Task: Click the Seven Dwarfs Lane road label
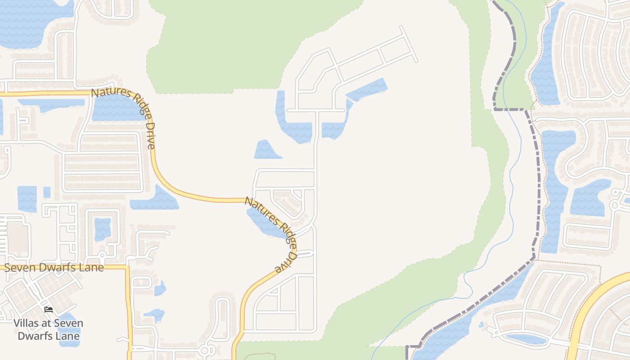point(54,267)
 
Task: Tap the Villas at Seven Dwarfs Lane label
point(48,329)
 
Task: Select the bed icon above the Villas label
point(49,310)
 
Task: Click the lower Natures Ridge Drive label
point(271,234)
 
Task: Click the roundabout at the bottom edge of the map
point(206,350)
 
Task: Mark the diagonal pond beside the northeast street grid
point(367,90)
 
